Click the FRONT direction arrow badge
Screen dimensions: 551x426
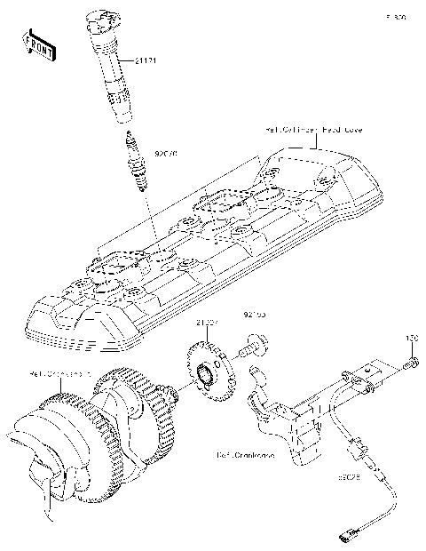coord(38,45)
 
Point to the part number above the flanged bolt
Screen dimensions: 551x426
coord(256,314)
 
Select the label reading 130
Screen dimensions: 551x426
coord(411,339)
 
